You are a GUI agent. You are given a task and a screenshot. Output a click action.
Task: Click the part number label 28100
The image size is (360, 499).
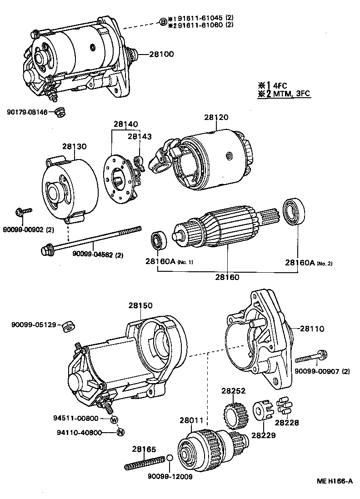coord(161,54)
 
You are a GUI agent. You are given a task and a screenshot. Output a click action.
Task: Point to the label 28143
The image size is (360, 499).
coord(140,136)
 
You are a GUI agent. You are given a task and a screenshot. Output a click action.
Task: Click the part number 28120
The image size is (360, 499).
coord(216,117)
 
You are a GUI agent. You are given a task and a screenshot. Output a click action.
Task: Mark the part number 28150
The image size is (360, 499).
coord(140,306)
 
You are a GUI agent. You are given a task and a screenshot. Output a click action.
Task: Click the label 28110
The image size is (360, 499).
coord(312,328)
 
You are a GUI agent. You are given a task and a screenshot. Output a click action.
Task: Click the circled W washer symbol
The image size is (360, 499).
coord(114,419)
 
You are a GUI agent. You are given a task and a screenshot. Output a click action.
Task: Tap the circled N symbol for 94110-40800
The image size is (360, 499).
coord(120,432)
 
